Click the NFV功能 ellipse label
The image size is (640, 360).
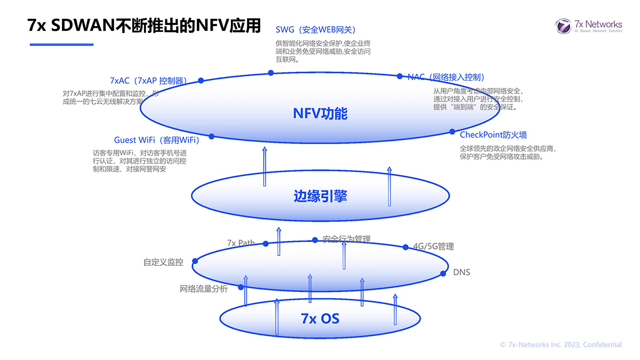pyautogui.click(x=320, y=114)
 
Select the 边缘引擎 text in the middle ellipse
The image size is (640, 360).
pyautogui.click(x=320, y=196)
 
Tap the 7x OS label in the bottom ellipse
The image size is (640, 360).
pyautogui.click(x=320, y=319)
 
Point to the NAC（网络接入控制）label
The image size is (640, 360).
pyautogui.click(x=445, y=77)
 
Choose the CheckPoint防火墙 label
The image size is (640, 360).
pyautogui.click(x=493, y=135)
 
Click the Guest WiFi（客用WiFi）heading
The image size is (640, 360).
pyautogui.click(x=156, y=140)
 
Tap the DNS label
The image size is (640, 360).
pyautogui.click(x=462, y=273)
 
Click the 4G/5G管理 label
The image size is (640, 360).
pyautogui.click(x=434, y=246)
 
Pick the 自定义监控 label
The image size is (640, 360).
pyautogui.click(x=163, y=262)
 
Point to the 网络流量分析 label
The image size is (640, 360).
pyautogui.click(x=204, y=289)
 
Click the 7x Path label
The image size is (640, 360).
pyautogui.click(x=241, y=243)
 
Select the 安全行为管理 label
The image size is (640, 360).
pyautogui.click(x=347, y=239)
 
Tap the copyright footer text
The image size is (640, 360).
pyautogui.click(x=562, y=345)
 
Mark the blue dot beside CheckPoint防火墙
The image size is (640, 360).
pyautogui.click(x=452, y=131)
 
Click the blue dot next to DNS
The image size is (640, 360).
pyautogui.click(x=443, y=274)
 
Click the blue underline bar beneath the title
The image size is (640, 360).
pyautogui.click(x=61, y=44)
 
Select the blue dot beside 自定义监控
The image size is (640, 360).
pyautogui.click(x=195, y=261)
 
